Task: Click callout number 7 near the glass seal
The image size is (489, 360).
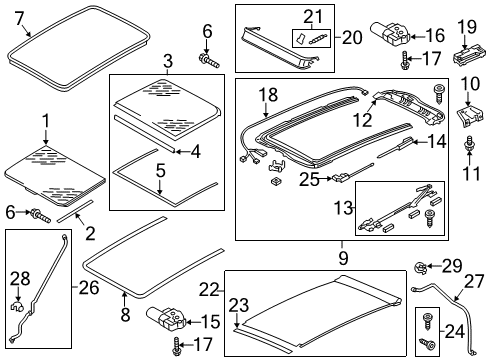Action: click(x=20, y=18)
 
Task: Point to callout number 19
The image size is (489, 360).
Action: click(x=467, y=27)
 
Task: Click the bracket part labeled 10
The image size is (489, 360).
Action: click(x=470, y=116)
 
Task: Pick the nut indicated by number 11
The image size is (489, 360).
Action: click(x=470, y=144)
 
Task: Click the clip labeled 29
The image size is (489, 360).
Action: click(x=421, y=268)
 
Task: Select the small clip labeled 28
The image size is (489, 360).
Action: click(x=17, y=306)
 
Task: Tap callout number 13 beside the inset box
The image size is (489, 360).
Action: click(x=344, y=208)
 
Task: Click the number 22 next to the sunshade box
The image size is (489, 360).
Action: click(x=209, y=289)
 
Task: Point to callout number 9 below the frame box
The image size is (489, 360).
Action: click(x=343, y=258)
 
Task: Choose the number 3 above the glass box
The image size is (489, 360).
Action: click(x=168, y=61)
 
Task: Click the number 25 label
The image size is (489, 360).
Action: click(x=309, y=179)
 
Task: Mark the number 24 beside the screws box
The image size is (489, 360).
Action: click(x=455, y=332)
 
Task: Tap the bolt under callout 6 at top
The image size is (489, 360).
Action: click(x=209, y=60)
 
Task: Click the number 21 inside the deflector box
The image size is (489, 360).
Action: click(x=313, y=17)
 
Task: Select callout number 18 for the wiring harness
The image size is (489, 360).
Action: click(x=268, y=94)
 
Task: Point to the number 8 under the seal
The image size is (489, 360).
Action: click(x=125, y=314)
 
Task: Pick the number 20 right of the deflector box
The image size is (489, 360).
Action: click(x=352, y=37)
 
